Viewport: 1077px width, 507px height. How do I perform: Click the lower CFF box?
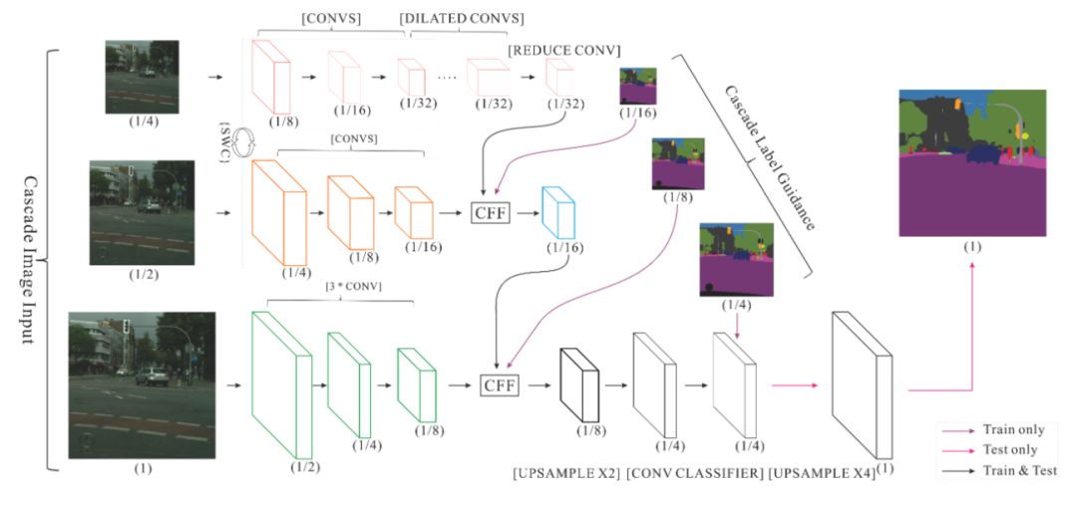click(502, 383)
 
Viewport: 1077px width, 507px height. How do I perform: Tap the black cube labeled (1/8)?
click(578, 383)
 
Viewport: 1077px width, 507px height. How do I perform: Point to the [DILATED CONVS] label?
click(462, 19)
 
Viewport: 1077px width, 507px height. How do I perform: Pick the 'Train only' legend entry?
click(1013, 430)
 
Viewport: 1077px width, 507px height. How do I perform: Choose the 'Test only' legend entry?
click(1011, 450)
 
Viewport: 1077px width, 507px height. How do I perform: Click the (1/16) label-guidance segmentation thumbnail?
click(638, 86)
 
